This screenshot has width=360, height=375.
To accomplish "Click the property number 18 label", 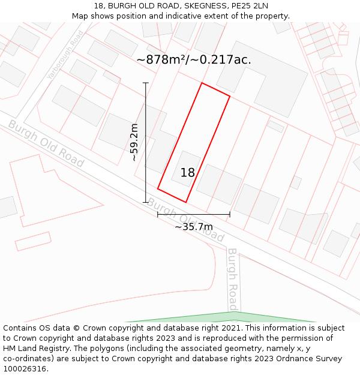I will click(188, 173).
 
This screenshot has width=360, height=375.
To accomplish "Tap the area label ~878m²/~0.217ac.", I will click(194, 59).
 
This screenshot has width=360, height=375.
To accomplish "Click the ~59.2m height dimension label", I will click(134, 142).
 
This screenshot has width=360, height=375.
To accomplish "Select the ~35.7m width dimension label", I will click(193, 227).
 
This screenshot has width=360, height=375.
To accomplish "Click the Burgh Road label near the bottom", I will click(233, 279).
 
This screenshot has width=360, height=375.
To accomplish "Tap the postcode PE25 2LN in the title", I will click(251, 6).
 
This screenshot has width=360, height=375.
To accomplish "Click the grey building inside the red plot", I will click(186, 168).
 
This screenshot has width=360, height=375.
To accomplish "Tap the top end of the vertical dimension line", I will click(145, 83).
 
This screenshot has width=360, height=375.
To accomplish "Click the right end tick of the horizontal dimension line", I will click(230, 214).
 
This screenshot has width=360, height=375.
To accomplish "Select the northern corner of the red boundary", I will click(202, 83).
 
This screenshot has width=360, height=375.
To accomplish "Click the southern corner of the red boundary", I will click(185, 202).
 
